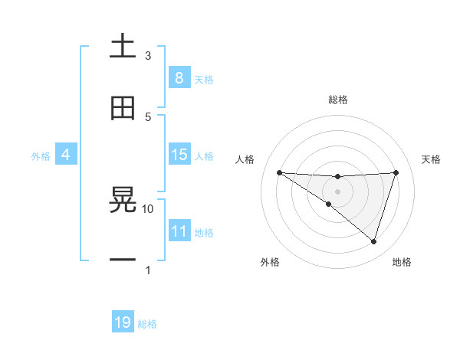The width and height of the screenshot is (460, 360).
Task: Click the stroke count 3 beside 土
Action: (x=148, y=55)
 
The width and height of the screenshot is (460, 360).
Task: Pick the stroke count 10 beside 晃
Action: (x=148, y=208)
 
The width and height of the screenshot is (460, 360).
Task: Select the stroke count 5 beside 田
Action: (x=148, y=116)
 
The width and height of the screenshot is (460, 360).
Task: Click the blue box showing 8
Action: (x=179, y=78)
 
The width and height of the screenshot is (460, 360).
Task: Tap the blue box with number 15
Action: (x=179, y=155)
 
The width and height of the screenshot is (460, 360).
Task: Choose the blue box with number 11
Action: (x=179, y=231)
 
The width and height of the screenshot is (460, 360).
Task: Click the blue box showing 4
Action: (x=66, y=155)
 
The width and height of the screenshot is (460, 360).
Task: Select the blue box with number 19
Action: (x=123, y=322)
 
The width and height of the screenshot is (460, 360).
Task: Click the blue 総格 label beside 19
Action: (x=147, y=324)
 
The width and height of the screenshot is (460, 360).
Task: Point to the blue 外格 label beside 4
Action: (x=41, y=155)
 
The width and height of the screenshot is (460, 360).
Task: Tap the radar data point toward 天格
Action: (x=396, y=172)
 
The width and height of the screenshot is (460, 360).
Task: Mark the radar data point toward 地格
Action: (x=373, y=241)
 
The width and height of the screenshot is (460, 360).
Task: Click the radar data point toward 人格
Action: (x=279, y=172)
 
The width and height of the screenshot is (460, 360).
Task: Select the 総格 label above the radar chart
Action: (x=338, y=100)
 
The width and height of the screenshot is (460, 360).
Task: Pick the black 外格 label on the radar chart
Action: (x=270, y=262)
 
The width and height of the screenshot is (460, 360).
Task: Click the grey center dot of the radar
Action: (x=337, y=191)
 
